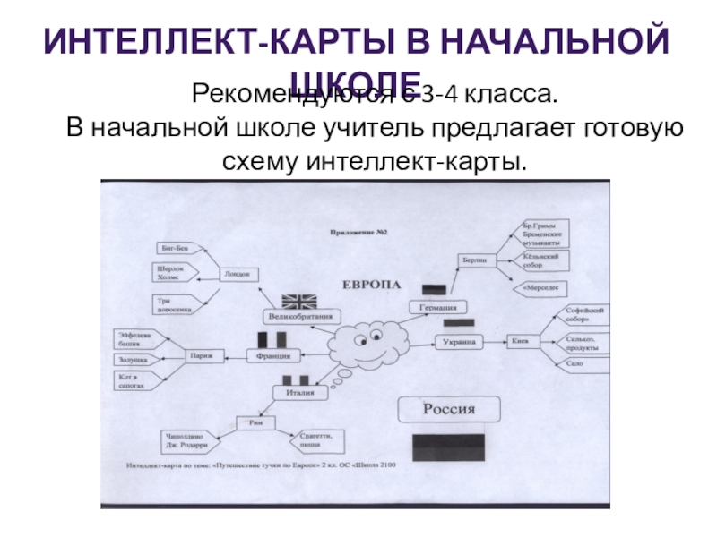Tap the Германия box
coord(439,307)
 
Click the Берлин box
coord(474,260)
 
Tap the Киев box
coord(520,341)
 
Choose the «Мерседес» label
coord(540,289)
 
